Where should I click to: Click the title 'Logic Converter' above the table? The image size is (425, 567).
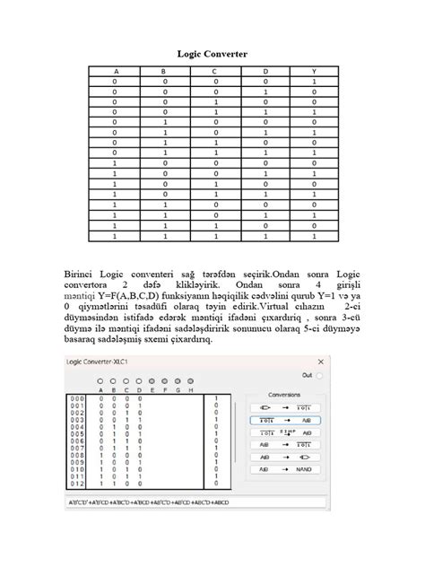click(212, 55)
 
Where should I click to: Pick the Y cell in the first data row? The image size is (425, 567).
click(314, 81)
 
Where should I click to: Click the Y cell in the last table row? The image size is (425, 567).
click(314, 237)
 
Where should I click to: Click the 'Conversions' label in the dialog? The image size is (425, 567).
click(284, 394)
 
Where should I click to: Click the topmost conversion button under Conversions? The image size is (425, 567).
click(284, 406)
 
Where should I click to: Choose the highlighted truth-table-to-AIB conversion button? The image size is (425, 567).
click(284, 419)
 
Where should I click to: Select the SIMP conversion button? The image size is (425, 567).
click(284, 432)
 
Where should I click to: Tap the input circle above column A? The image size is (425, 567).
click(100, 381)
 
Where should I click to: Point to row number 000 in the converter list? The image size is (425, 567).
click(78, 397)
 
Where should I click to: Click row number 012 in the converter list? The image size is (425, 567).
click(78, 484)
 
